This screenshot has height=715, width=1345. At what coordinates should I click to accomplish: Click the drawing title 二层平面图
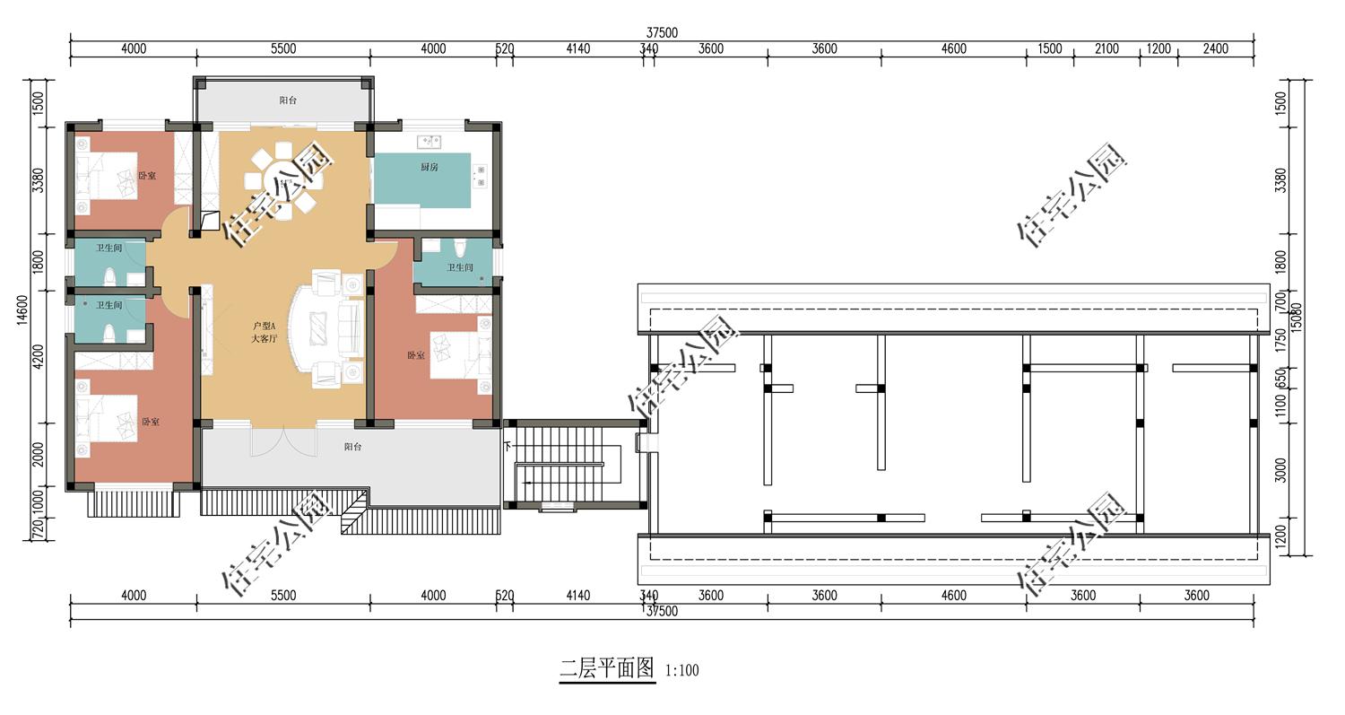(x=607, y=668)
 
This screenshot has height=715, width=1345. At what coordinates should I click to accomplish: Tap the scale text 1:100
(x=681, y=670)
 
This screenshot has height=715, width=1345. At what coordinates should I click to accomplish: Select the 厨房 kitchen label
(x=430, y=168)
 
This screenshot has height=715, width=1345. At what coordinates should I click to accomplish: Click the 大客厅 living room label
(x=265, y=338)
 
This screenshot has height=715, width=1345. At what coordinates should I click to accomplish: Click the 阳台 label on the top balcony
(x=288, y=100)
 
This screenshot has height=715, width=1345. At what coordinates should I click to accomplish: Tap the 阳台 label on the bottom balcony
(x=352, y=447)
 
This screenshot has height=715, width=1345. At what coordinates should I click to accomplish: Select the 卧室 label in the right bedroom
(x=416, y=356)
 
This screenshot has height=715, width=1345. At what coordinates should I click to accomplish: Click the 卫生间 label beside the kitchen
(x=460, y=267)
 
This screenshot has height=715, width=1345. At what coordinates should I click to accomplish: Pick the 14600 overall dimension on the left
(x=24, y=310)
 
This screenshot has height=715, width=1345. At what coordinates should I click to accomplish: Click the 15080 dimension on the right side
(x=1296, y=314)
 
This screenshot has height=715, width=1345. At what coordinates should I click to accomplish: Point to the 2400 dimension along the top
(x=1215, y=49)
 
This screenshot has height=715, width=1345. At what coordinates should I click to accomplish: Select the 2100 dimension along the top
(x=1106, y=49)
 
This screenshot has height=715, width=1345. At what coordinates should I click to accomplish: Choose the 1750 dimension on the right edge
(x=1280, y=340)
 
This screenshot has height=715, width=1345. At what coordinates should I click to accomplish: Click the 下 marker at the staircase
(x=508, y=446)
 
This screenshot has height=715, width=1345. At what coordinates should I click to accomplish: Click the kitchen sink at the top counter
(x=430, y=141)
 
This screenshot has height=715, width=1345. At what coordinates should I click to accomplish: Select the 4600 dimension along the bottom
(x=953, y=596)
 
